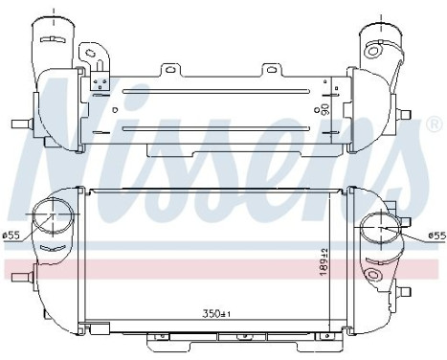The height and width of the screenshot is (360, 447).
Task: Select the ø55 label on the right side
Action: (436, 236)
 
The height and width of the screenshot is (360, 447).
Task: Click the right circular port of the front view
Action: (383, 230)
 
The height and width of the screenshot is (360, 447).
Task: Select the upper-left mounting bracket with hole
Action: (94, 53)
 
